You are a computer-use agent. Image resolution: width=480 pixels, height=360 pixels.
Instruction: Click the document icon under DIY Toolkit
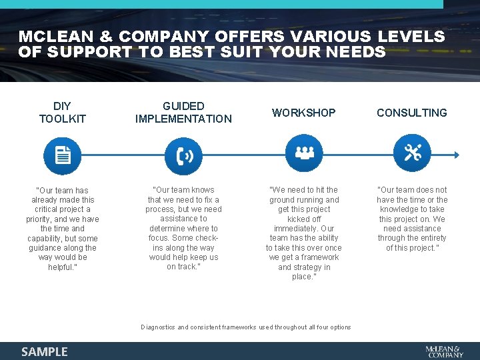(62, 155)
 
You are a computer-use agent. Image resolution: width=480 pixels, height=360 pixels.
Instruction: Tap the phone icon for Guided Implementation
(184, 155)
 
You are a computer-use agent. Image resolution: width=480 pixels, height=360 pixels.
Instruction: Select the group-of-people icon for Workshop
(304, 154)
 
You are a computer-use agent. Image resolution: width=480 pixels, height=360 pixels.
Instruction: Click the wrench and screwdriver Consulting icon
(412, 154)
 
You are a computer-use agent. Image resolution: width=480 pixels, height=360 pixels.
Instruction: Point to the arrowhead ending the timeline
(457, 155)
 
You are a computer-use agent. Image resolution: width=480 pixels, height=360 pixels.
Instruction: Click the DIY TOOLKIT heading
(63, 113)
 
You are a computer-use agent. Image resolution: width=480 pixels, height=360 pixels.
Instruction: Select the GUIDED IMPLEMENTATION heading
(183, 113)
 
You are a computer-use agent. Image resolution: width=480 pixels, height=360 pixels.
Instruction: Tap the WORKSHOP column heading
(304, 113)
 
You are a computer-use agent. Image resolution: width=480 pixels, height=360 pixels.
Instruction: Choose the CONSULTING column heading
(412, 113)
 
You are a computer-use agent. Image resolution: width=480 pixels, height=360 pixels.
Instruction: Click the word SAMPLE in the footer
(45, 351)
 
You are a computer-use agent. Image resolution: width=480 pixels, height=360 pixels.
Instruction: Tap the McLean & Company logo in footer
(444, 351)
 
